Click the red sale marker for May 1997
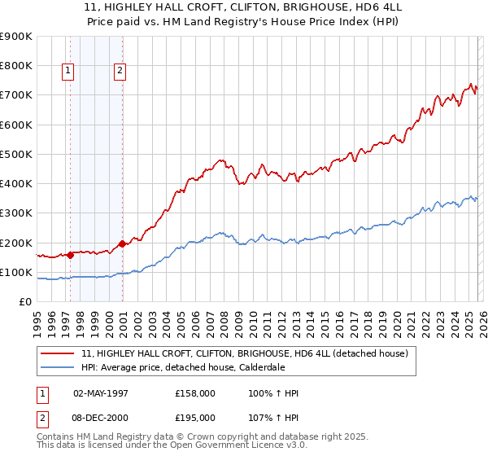(70, 255)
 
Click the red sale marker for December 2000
(123, 243)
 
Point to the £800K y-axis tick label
(16, 66)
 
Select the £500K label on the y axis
(16, 154)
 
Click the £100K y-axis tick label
(16, 273)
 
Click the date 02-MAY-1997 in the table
(101, 393)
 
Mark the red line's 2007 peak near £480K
(220, 160)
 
